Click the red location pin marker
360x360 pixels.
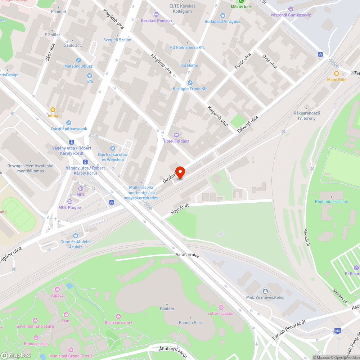180,172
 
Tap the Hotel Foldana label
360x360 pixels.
176,141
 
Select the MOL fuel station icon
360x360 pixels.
81,188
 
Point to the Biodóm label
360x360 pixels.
167,309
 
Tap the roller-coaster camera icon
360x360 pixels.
221,307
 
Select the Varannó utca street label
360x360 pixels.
188,255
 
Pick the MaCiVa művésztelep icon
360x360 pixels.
265,291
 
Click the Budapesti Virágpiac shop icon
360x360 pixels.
222,15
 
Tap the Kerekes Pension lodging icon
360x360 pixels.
156,14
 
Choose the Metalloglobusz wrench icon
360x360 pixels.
78,60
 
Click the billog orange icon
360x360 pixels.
53,109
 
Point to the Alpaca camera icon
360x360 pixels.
57,289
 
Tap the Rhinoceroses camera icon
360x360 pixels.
36,337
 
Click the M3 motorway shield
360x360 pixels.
337,330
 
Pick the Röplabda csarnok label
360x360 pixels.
331,202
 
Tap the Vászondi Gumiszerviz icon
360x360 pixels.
291,9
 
